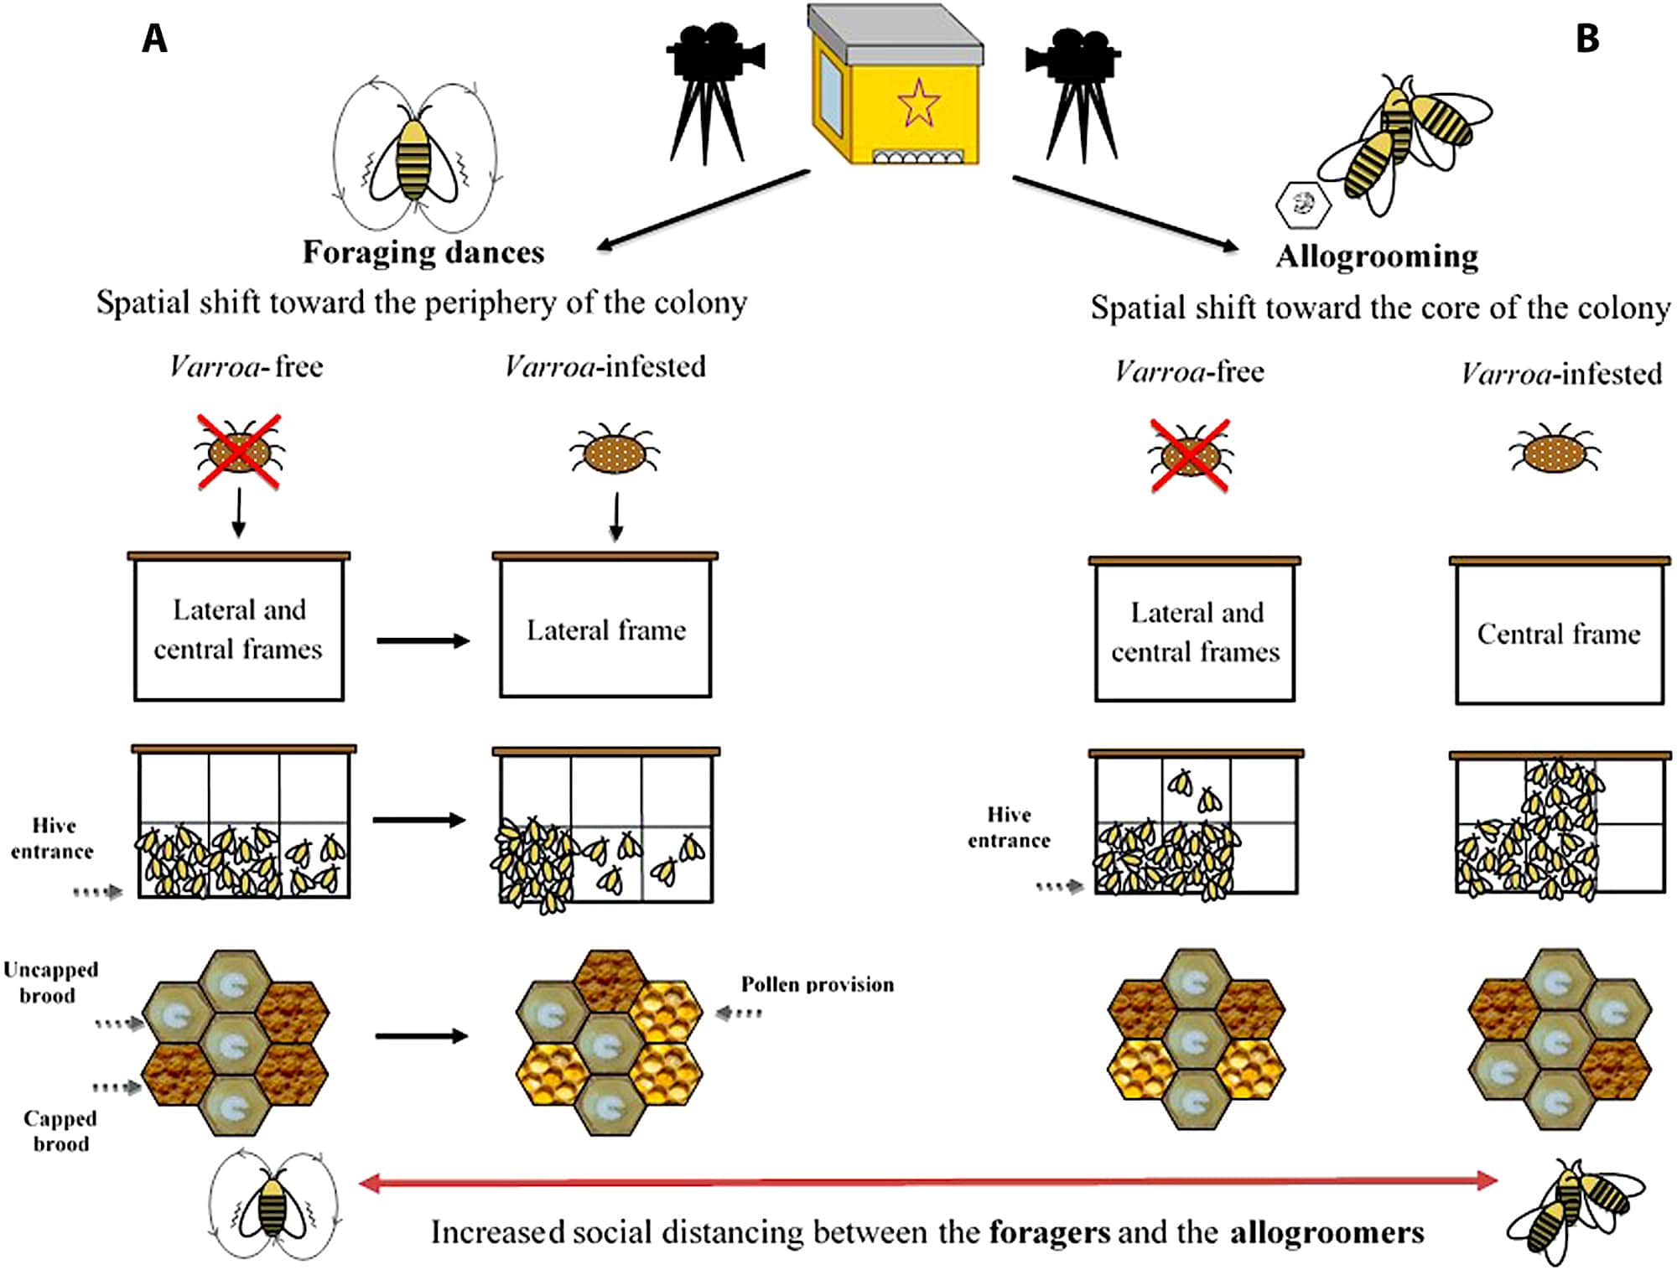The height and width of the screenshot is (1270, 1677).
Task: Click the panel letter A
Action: (x=154, y=39)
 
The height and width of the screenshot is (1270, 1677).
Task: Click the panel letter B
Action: (x=1587, y=39)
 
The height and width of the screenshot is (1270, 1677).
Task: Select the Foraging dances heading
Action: (x=423, y=251)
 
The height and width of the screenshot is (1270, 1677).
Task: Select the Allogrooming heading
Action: (x=1377, y=256)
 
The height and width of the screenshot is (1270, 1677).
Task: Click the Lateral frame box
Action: (x=605, y=629)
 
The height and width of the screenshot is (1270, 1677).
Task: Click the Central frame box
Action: (x=1559, y=633)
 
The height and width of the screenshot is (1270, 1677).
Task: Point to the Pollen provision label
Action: (x=817, y=984)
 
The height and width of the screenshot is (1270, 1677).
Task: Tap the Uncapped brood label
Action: (x=50, y=982)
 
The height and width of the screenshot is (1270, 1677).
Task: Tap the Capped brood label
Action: (x=60, y=1130)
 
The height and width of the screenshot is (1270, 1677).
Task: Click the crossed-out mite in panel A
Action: (x=239, y=452)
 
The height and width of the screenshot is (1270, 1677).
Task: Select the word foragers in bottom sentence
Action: (x=1049, y=1232)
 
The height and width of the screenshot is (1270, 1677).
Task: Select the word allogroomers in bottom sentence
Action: (x=1327, y=1232)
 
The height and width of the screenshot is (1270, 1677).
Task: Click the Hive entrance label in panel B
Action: (x=1009, y=827)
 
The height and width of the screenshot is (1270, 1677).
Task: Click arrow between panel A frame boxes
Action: (x=423, y=641)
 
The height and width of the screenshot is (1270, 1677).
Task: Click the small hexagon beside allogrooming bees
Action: (x=1302, y=204)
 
